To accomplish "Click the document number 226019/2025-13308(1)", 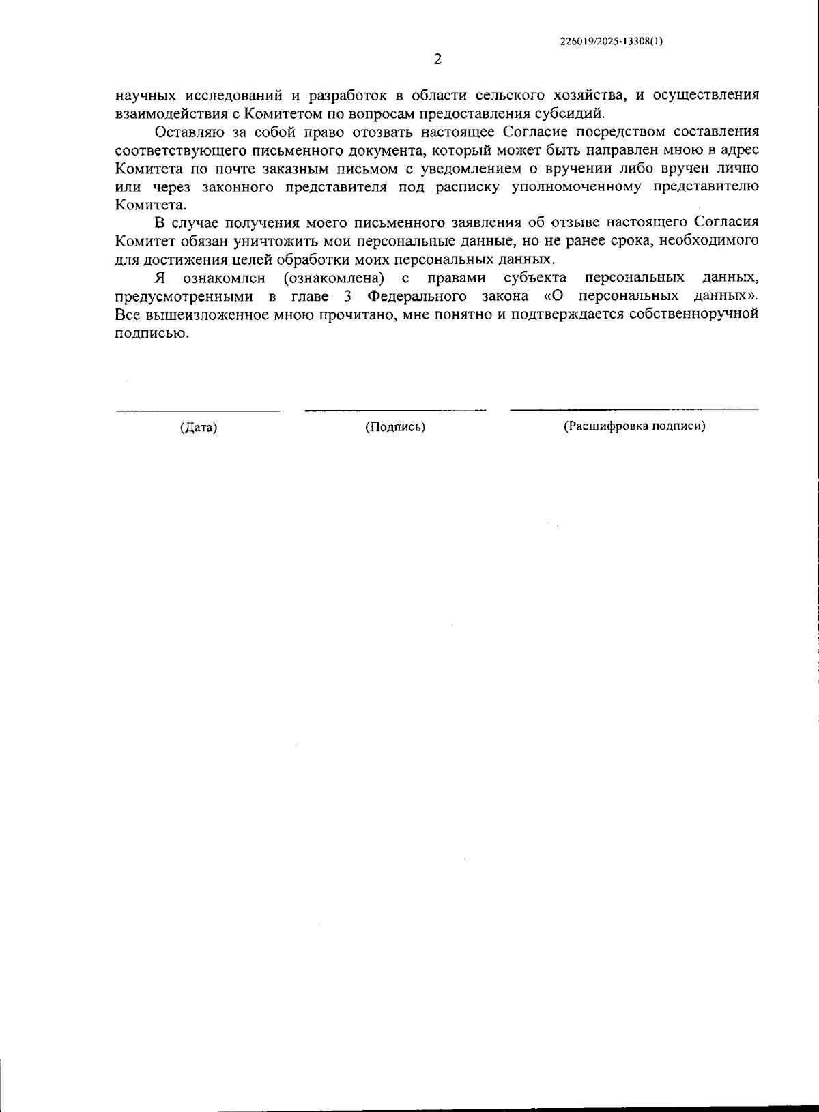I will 611,41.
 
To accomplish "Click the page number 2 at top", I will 437,59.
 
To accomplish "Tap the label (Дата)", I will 199,428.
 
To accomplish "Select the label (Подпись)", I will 395,427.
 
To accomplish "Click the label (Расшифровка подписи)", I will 634,426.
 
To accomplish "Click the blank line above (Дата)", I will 198,411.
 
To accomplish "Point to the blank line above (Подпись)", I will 395,410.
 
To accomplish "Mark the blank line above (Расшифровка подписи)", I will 634,409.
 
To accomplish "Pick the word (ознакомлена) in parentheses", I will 331,278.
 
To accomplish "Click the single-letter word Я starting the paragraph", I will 160,278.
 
